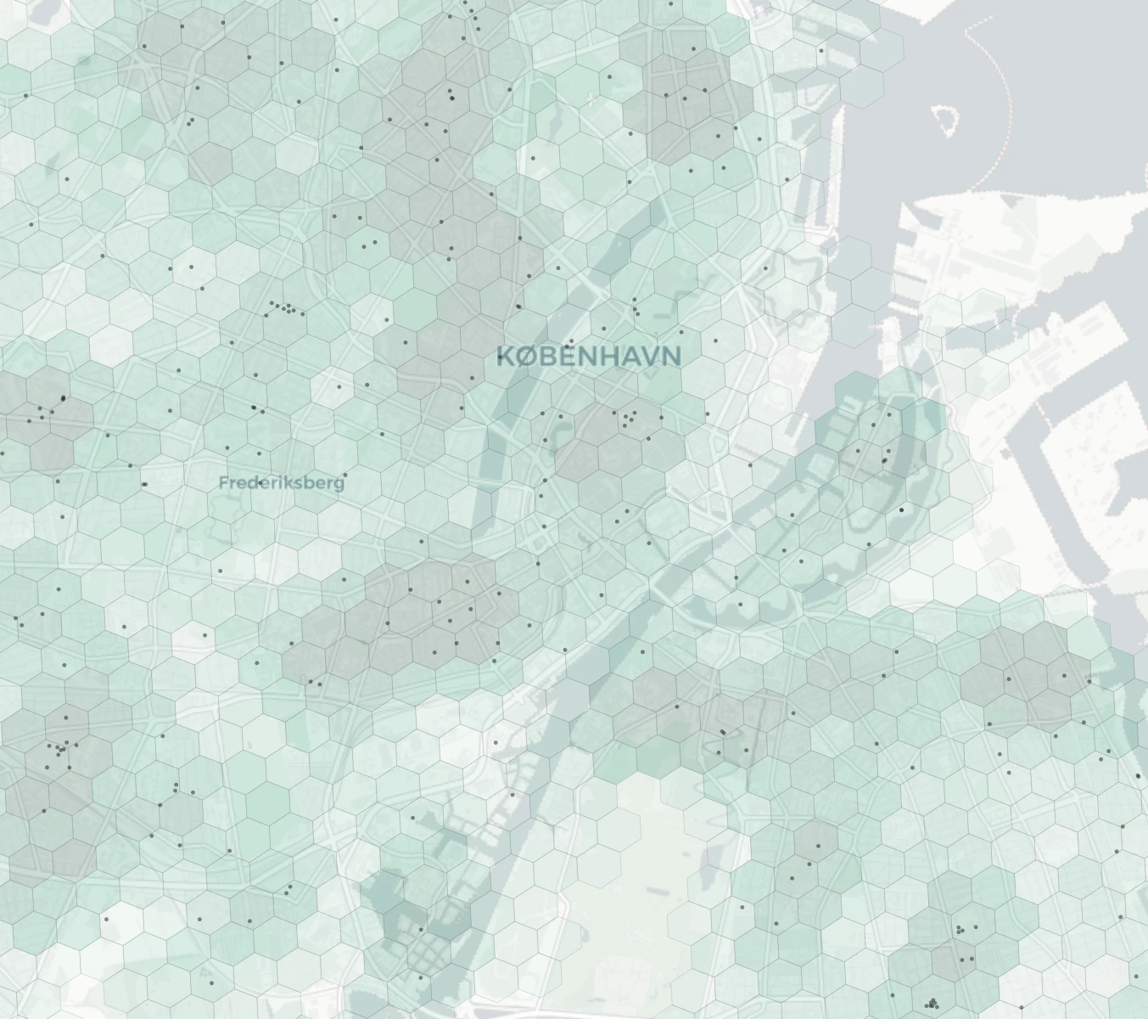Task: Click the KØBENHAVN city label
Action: coord(588,355)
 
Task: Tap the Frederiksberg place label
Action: coord(282,482)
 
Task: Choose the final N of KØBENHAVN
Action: coord(670,355)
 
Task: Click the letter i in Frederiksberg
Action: coord(275,482)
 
